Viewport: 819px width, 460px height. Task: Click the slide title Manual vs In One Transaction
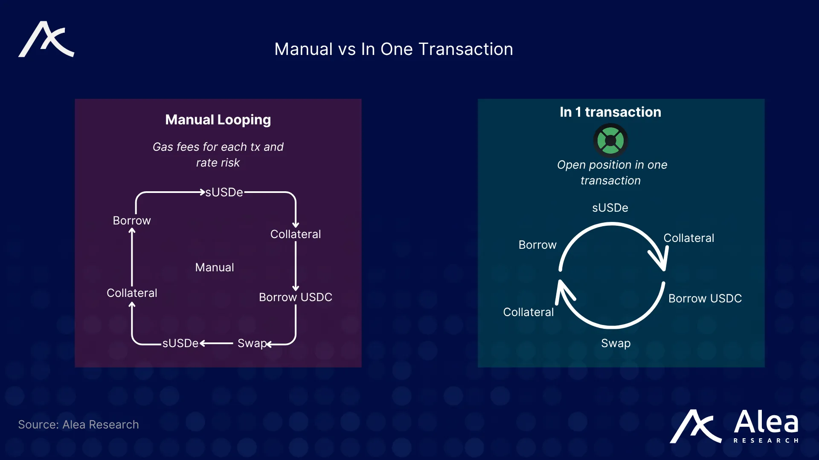click(393, 49)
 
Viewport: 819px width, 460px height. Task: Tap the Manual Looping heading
click(218, 120)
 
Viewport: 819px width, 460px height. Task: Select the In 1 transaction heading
click(610, 112)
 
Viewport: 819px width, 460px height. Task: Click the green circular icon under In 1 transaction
click(610, 141)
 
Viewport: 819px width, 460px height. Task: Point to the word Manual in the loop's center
click(215, 267)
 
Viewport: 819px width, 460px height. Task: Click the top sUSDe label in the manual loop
click(224, 193)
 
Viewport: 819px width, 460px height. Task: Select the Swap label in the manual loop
click(252, 343)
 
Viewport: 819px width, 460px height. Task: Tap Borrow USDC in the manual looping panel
click(295, 297)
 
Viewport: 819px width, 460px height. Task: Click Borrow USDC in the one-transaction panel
click(705, 299)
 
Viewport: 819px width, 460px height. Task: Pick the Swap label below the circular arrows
click(616, 343)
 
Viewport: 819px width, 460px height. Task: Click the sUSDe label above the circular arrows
click(610, 208)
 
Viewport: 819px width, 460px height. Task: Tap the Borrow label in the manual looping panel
click(132, 221)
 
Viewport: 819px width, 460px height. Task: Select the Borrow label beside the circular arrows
click(537, 245)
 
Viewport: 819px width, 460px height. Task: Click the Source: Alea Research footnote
click(78, 425)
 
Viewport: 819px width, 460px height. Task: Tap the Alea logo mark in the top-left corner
click(46, 39)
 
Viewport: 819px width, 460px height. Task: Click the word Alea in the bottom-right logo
click(766, 423)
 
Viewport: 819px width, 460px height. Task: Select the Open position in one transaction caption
click(612, 172)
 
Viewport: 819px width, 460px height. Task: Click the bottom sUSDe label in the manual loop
click(180, 343)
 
